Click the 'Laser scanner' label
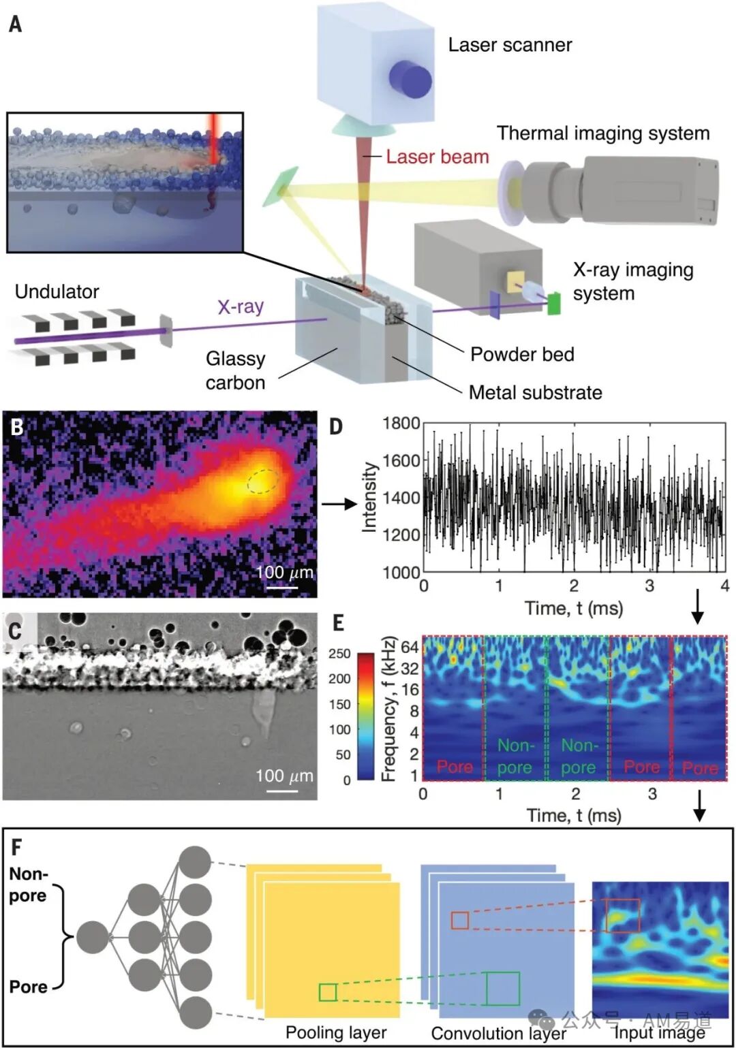[510, 45]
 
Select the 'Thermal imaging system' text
[602, 133]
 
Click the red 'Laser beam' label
[437, 157]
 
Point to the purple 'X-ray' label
[240, 306]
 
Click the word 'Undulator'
[57, 291]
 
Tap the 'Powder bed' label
[521, 354]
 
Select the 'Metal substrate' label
[535, 392]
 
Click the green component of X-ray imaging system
[553, 303]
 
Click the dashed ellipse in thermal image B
[262, 481]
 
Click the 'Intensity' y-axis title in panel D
[369, 497]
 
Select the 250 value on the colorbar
[339, 653]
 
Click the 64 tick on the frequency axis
[409, 646]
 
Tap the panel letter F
[16, 847]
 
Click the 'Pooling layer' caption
[335, 1032]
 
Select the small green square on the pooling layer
[328, 992]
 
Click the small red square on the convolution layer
[460, 921]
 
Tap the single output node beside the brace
[92, 938]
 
